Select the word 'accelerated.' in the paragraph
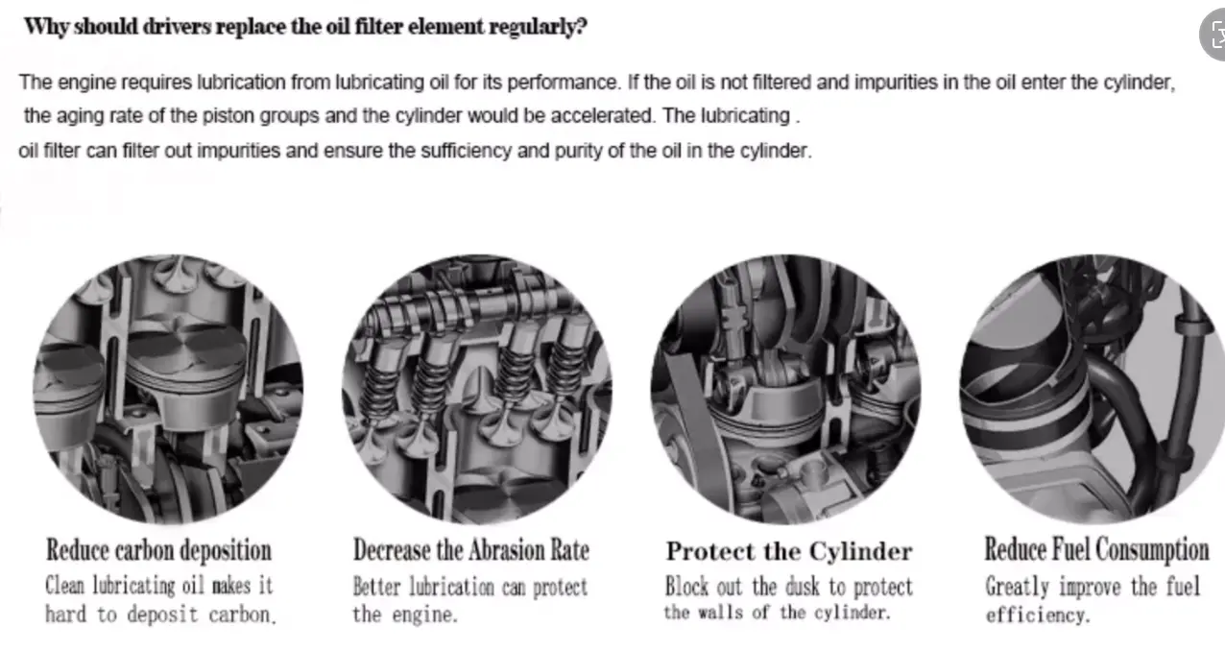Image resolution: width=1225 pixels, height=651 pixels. (x=603, y=116)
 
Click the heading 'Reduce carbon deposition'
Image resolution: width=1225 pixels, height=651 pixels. (x=158, y=550)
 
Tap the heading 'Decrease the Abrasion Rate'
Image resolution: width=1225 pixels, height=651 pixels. (x=471, y=550)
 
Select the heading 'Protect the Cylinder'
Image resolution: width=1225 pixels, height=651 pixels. (x=789, y=551)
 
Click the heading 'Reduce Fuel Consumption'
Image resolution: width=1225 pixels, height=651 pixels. (x=1096, y=550)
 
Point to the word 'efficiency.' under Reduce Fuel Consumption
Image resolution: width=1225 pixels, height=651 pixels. (x=1038, y=615)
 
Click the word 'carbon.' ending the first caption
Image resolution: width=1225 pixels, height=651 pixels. (x=242, y=615)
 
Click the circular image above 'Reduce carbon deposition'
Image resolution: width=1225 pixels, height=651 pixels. (x=168, y=389)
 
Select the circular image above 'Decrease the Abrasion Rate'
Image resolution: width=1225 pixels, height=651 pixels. (x=477, y=389)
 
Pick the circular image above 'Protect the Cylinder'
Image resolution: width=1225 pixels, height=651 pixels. (x=786, y=389)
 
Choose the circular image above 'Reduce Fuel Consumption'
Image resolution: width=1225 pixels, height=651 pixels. (x=1093, y=389)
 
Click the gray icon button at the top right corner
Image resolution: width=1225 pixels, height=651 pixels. (x=1213, y=35)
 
